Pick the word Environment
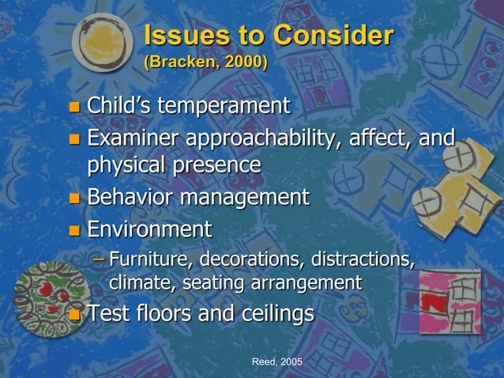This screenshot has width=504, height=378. pos(149,230)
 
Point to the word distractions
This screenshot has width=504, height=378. pos(363,259)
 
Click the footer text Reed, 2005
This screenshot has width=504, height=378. pos(276,361)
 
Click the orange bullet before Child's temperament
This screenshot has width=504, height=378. pos(74,107)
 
